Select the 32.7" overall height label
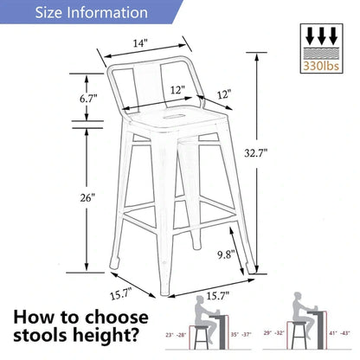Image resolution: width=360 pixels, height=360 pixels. (279, 152)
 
